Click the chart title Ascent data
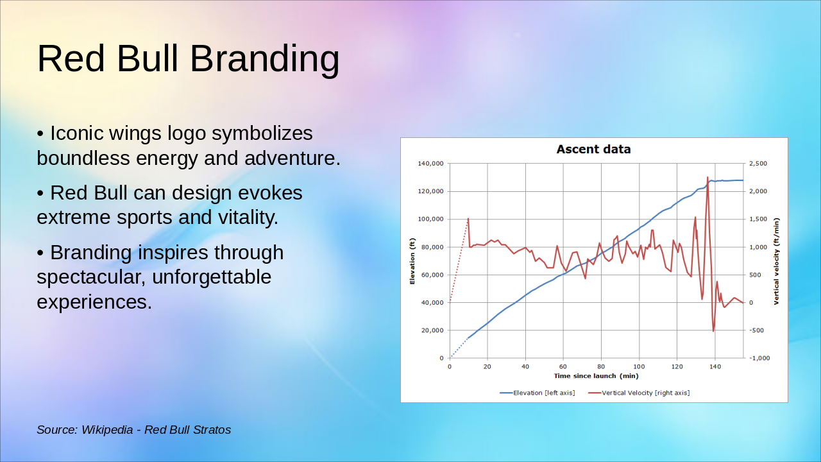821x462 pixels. pyautogui.click(x=593, y=150)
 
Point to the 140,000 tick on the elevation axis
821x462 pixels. pyautogui.click(x=430, y=164)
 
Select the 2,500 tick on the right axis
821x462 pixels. pyautogui.click(x=758, y=164)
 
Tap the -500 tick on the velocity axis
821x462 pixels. pyautogui.click(x=756, y=330)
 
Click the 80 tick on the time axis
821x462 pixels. pyautogui.click(x=601, y=366)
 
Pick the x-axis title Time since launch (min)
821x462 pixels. pyautogui.click(x=596, y=376)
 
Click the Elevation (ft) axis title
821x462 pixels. pyautogui.click(x=412, y=261)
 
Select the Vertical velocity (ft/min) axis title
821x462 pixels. pyautogui.click(x=776, y=261)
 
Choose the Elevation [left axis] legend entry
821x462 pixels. pyautogui.click(x=537, y=393)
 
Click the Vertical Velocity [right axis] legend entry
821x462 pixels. pyautogui.click(x=639, y=393)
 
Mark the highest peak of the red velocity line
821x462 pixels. pyautogui.click(x=707, y=178)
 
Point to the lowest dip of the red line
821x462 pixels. pyautogui.click(x=713, y=331)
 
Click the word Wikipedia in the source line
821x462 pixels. pyautogui.click(x=107, y=430)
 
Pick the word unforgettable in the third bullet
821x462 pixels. pyautogui.click(x=212, y=277)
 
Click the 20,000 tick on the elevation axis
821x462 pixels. pyautogui.click(x=432, y=330)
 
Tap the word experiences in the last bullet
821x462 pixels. pyautogui.click(x=94, y=302)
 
